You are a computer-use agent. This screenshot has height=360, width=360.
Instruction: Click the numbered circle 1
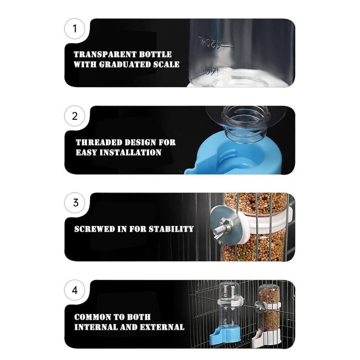pos(74,29)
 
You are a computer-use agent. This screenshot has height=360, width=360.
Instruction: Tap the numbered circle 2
pos(74,116)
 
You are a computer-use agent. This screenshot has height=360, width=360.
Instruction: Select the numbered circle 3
pos(74,203)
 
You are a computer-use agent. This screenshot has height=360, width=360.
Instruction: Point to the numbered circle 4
pos(74,290)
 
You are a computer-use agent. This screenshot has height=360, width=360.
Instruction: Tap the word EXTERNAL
pos(162,327)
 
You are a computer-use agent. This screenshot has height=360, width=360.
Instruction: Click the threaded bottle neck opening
pos(243,119)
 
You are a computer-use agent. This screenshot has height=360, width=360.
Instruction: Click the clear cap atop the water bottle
pos(229,290)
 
